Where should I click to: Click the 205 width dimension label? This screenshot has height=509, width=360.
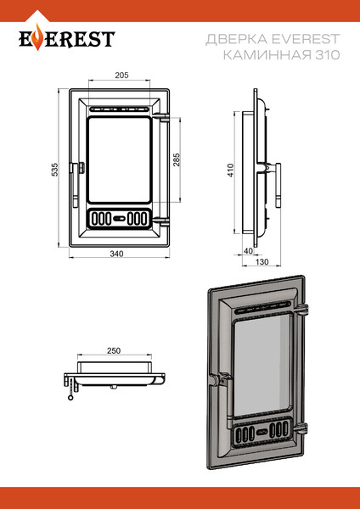pyautogui.click(x=122, y=75)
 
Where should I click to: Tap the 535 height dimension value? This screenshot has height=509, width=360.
pyautogui.click(x=55, y=170)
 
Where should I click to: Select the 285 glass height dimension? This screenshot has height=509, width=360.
pyautogui.click(x=177, y=159)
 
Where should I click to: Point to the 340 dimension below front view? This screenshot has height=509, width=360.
pyautogui.click(x=116, y=254)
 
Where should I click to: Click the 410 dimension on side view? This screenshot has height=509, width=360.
pyautogui.click(x=230, y=171)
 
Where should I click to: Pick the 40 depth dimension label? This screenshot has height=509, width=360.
pyautogui.click(x=248, y=251)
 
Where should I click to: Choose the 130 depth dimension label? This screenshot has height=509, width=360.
pyautogui.click(x=262, y=261)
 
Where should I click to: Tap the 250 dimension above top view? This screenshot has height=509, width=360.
pyautogui.click(x=114, y=351)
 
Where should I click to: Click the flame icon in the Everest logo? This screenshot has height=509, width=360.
pyautogui.click(x=38, y=37)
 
